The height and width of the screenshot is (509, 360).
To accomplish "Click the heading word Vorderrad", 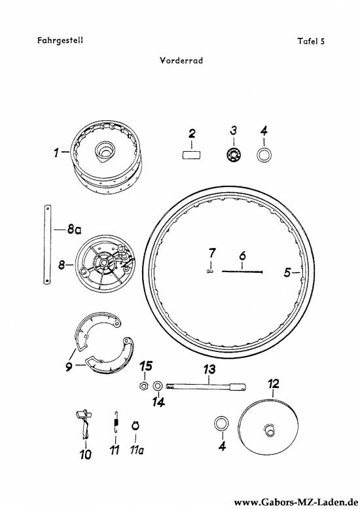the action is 181,61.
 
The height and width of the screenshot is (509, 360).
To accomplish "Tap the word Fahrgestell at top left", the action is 60,41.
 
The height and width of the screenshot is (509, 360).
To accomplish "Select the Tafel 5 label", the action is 311,41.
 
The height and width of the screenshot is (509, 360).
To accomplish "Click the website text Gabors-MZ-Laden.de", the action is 296,502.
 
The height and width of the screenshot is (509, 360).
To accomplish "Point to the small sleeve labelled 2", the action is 191,154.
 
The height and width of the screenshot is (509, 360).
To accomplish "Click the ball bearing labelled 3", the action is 234,154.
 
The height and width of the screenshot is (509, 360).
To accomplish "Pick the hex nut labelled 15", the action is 143,386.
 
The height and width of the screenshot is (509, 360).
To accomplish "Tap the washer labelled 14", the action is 158,386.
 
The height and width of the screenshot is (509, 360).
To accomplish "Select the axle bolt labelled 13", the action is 206,386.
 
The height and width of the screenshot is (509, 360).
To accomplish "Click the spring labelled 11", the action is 117,422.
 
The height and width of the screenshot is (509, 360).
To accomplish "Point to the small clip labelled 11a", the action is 135,425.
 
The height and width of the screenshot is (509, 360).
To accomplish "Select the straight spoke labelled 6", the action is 242,272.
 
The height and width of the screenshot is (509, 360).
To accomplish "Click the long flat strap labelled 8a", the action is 47,245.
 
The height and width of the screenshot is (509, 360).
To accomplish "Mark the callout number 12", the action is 273,383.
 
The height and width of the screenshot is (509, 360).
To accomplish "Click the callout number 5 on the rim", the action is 287,273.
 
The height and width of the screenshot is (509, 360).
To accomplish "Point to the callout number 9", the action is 69,367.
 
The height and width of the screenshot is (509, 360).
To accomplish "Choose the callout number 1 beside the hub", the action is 56,152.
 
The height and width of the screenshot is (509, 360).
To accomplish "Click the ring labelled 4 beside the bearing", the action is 264,154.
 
